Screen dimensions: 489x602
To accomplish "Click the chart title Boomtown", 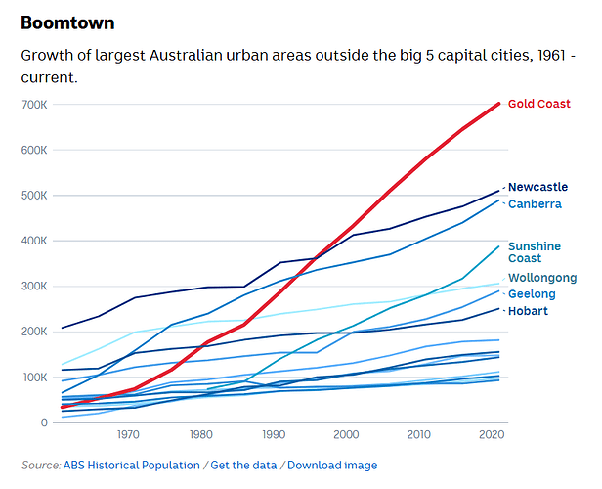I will click(67, 22).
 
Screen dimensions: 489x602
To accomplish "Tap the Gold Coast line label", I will click(539, 104).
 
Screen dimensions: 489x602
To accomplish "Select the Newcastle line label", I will click(537, 187).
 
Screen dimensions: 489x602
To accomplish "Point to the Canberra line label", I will click(535, 204).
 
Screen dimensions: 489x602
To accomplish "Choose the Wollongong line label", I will click(542, 279).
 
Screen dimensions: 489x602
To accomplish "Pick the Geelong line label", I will click(532, 294).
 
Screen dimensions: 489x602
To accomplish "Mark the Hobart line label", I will click(528, 311).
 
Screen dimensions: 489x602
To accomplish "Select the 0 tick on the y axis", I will click(44, 422).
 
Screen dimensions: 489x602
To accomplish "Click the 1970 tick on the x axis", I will click(127, 435).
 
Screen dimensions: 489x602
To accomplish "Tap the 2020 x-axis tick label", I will click(492, 435).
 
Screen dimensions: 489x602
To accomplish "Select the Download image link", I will click(332, 466).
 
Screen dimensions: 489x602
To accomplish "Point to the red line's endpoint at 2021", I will click(499, 103).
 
